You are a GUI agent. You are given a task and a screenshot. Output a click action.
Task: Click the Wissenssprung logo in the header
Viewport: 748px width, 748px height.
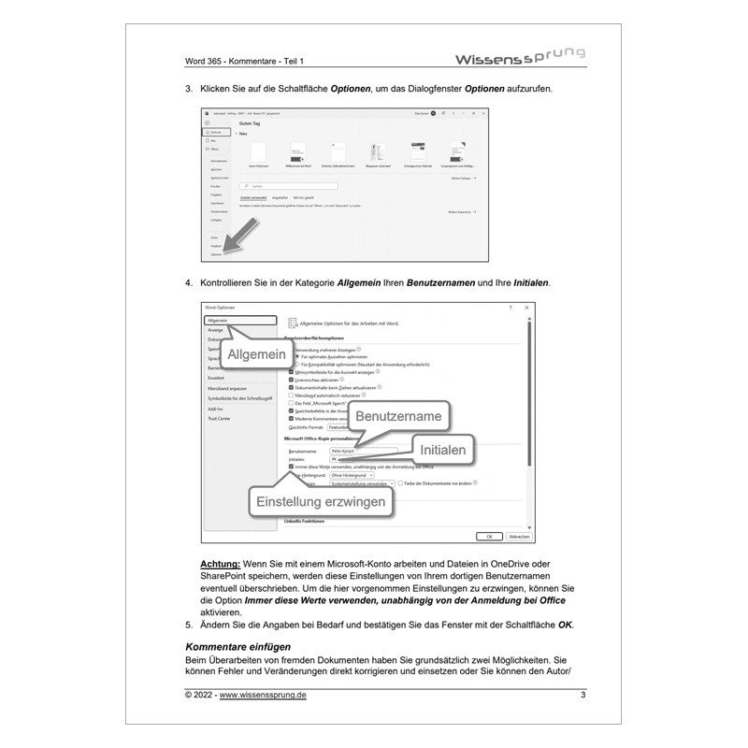click(x=519, y=58)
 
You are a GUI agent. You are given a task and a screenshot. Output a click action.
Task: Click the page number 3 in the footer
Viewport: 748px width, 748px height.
click(x=583, y=695)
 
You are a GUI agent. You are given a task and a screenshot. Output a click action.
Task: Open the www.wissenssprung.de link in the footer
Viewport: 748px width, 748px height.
click(x=266, y=695)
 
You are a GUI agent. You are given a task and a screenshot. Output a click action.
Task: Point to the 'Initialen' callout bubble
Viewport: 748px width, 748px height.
click(x=436, y=450)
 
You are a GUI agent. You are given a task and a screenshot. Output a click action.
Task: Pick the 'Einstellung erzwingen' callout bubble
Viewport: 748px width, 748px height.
click(x=321, y=502)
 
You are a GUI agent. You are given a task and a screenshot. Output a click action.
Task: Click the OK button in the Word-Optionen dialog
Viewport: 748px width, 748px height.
click(x=487, y=537)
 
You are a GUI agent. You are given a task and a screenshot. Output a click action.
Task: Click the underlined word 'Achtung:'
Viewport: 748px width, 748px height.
click(x=220, y=566)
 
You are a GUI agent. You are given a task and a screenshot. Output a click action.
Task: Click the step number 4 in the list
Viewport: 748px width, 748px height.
click(x=189, y=282)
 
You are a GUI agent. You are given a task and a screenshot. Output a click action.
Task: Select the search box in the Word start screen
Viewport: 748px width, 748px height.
click(x=299, y=186)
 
